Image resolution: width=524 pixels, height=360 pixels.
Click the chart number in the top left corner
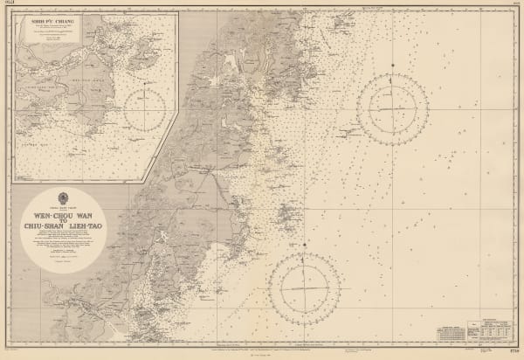(x=10, y=6)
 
